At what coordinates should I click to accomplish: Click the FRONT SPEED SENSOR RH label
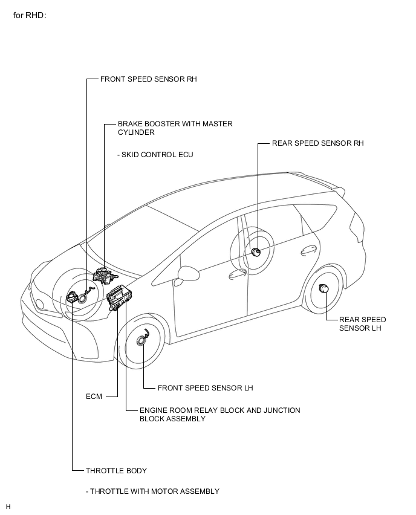click(149, 79)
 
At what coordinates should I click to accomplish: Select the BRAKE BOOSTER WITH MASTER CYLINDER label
click(175, 128)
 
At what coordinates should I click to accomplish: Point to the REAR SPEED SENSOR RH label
click(318, 143)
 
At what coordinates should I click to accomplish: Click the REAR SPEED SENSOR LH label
click(362, 324)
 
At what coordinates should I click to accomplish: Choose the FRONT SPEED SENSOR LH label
click(206, 388)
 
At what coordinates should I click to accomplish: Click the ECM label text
click(94, 397)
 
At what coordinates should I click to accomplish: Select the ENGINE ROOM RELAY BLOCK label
click(220, 415)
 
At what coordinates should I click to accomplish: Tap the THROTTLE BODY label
click(116, 471)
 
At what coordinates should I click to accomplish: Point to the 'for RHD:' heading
click(30, 16)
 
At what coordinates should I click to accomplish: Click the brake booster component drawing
click(105, 275)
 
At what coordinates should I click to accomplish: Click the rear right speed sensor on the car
click(255, 252)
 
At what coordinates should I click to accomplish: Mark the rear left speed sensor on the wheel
click(323, 288)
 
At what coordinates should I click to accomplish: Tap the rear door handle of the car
click(309, 251)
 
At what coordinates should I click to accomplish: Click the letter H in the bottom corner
click(8, 507)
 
